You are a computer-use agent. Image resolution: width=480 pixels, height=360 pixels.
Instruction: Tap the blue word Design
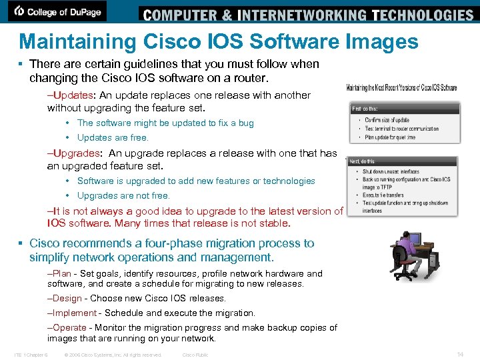(x=67, y=298)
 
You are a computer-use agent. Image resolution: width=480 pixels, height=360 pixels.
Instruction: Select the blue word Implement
(x=74, y=313)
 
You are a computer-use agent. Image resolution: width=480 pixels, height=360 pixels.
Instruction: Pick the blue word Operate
(x=69, y=327)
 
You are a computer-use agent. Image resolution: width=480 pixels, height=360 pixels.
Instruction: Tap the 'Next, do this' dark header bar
(x=405, y=161)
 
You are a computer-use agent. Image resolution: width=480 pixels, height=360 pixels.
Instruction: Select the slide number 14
(x=460, y=354)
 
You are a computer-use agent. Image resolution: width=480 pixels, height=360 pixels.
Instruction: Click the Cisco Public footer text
(x=195, y=355)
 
